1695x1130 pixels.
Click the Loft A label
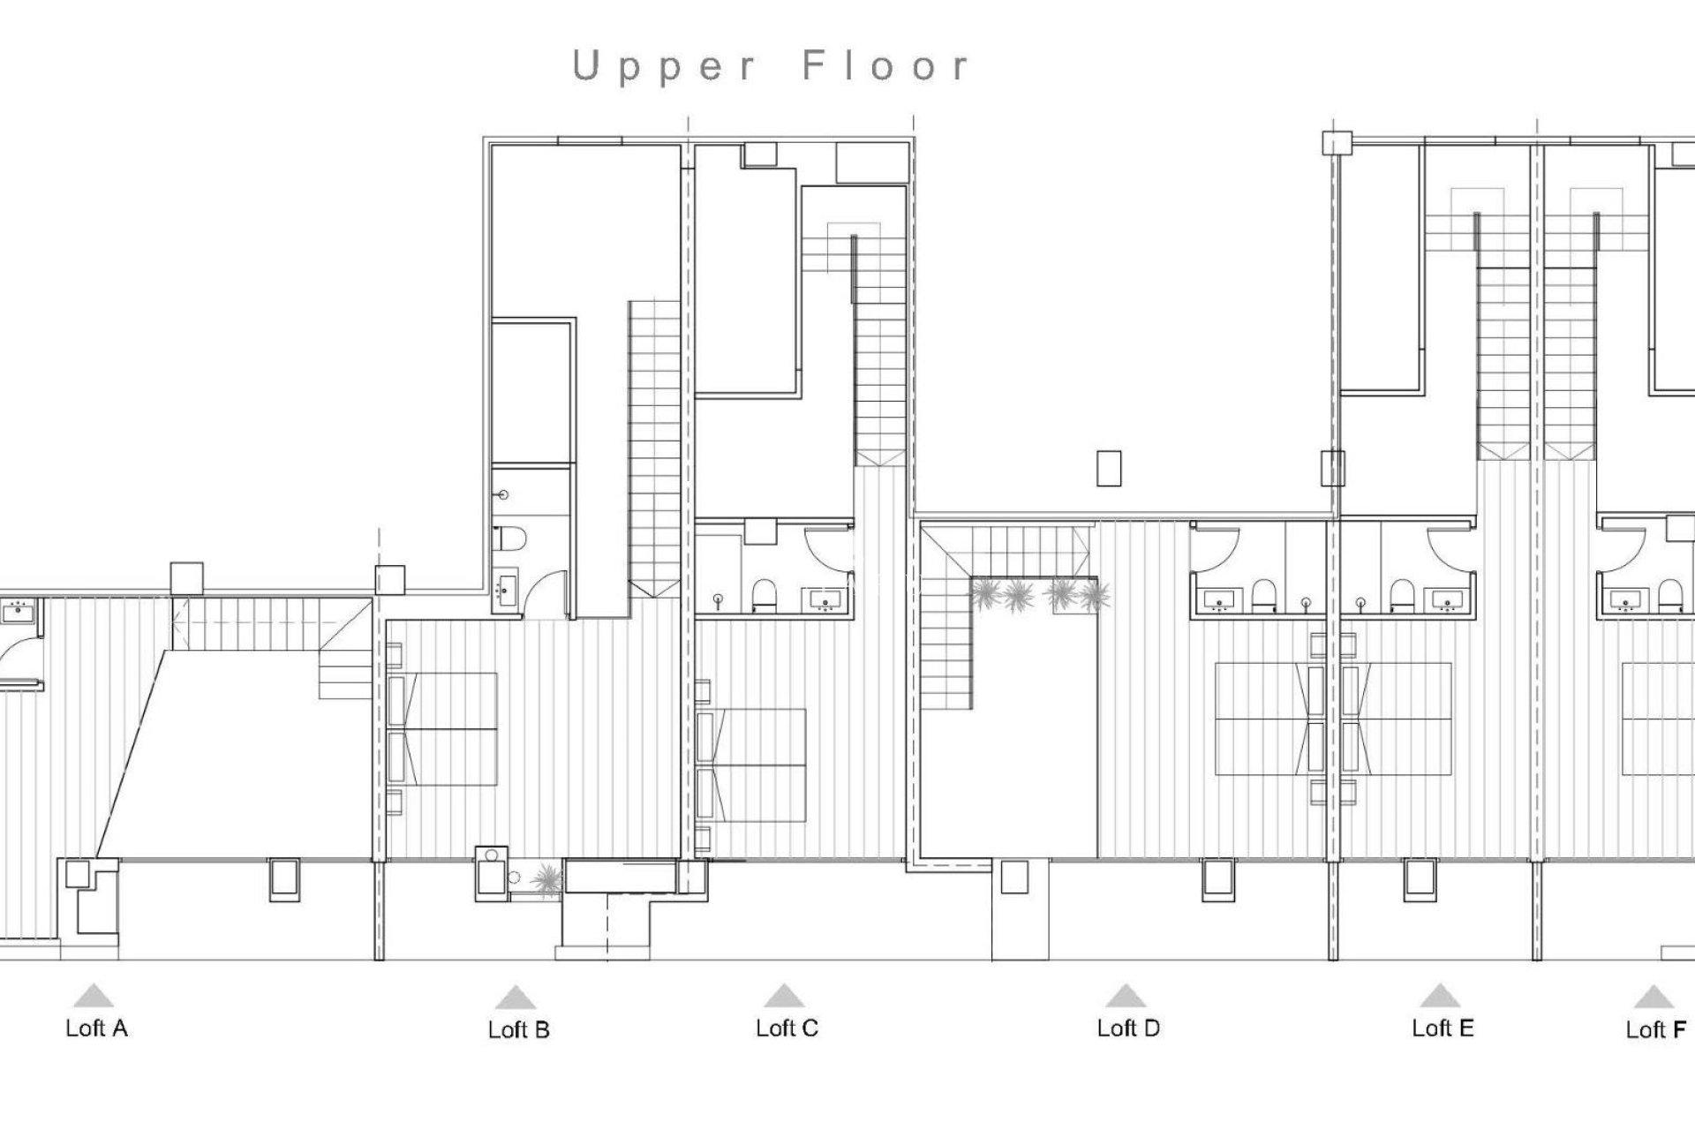tap(96, 1028)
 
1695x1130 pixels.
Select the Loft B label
tap(518, 1029)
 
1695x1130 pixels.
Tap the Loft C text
tap(787, 1028)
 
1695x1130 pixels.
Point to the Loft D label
tap(1128, 1028)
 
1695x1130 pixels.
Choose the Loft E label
tap(1443, 1028)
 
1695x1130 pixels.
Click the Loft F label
tap(1655, 1029)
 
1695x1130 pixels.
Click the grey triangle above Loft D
tap(1126, 997)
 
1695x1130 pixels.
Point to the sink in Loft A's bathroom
tap(17, 608)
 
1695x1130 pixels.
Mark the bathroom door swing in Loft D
tap(1211, 548)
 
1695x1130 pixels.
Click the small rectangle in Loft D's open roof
tap(1109, 468)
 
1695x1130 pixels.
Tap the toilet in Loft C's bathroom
tap(765, 597)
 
